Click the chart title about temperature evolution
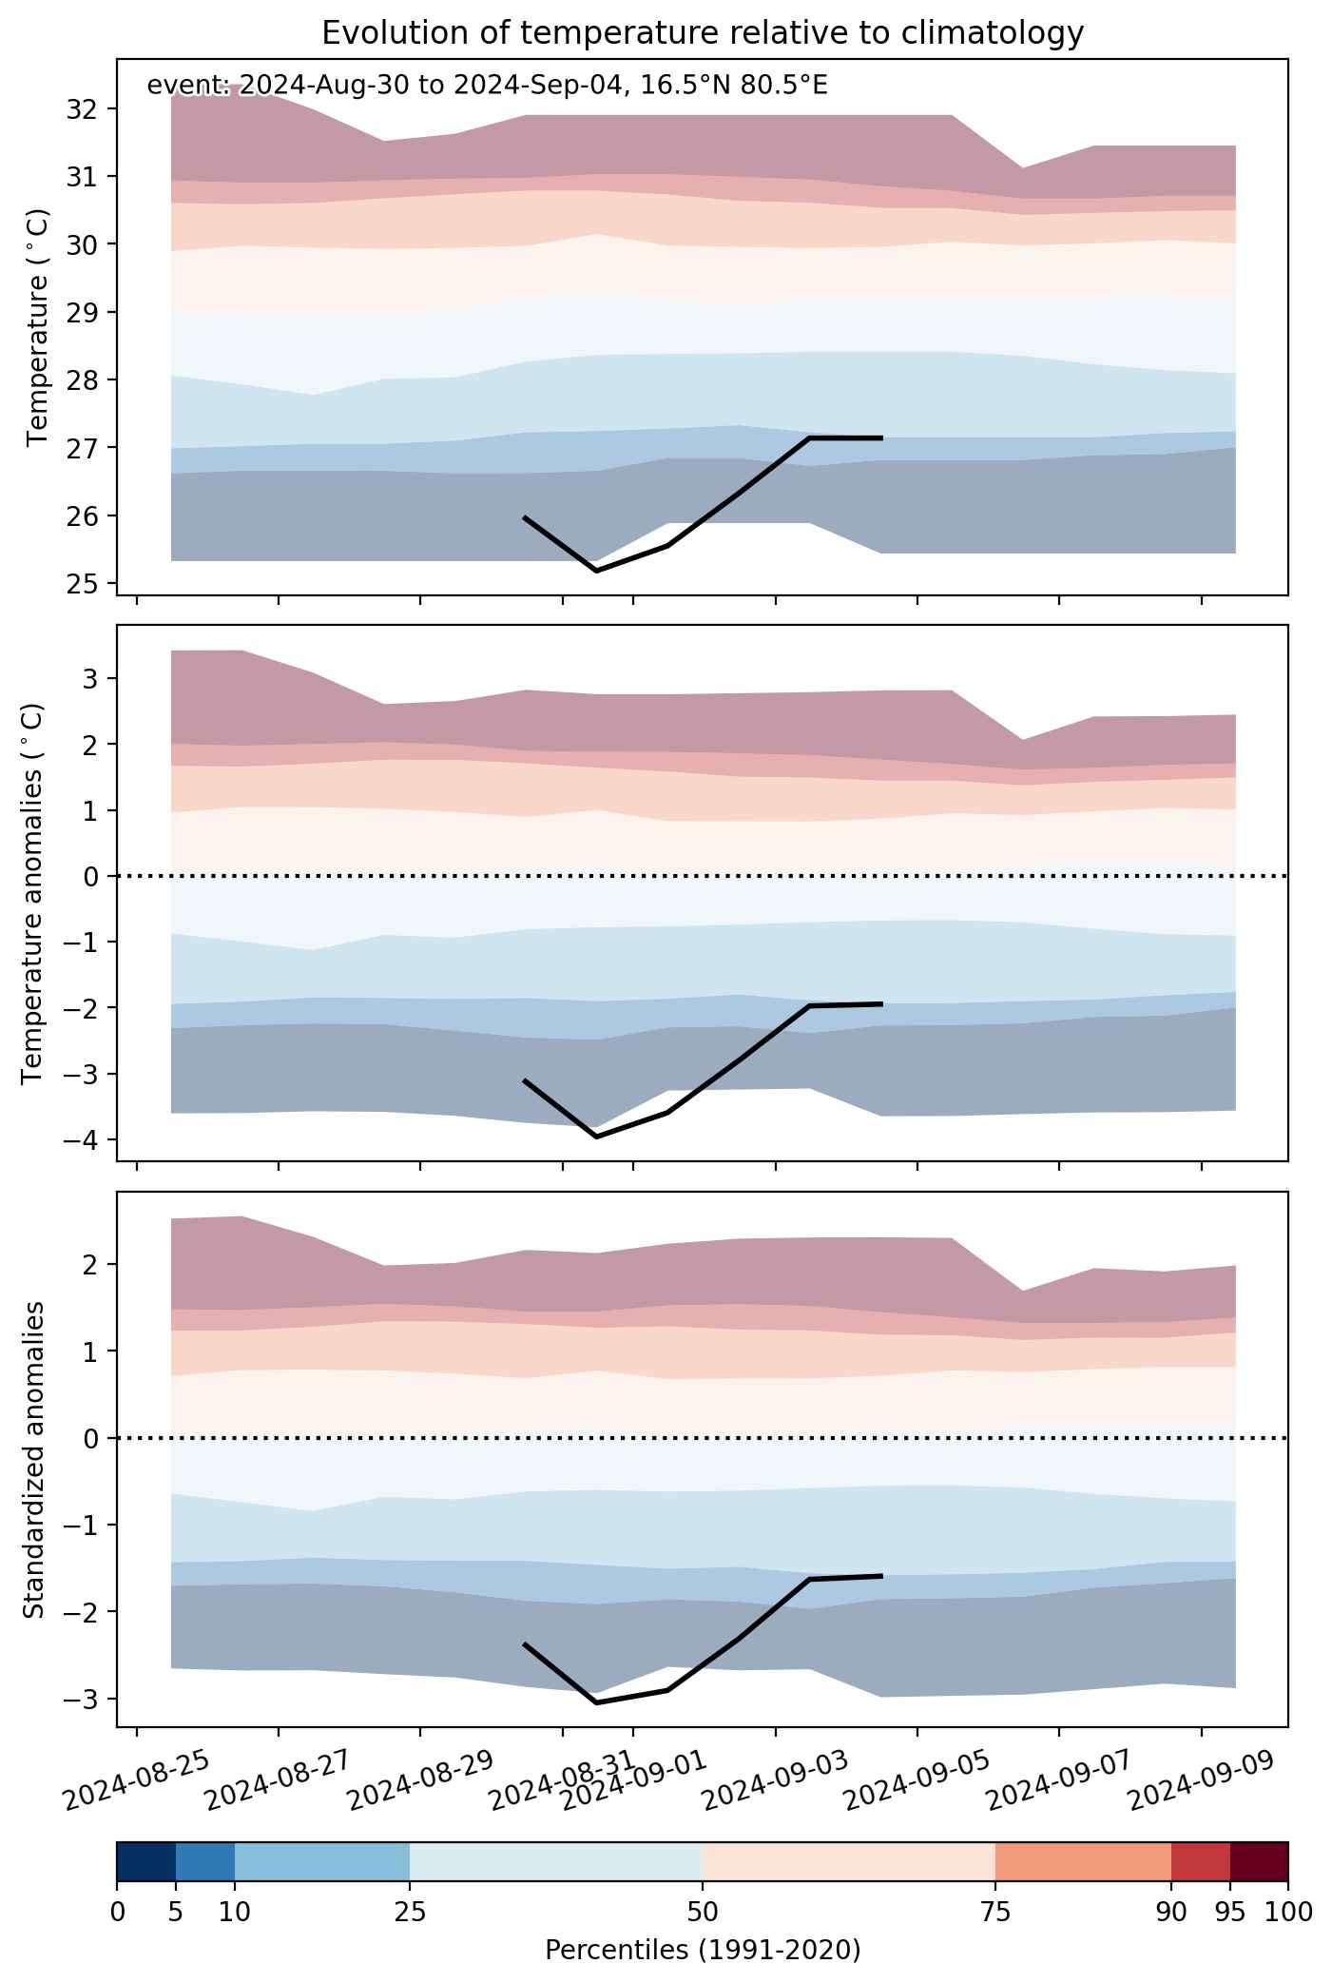tap(703, 33)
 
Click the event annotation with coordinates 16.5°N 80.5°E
tap(487, 86)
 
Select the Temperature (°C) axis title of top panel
tap(38, 326)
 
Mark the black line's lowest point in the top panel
tap(596, 571)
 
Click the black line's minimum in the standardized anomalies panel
tap(596, 1702)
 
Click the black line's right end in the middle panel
tap(882, 1003)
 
